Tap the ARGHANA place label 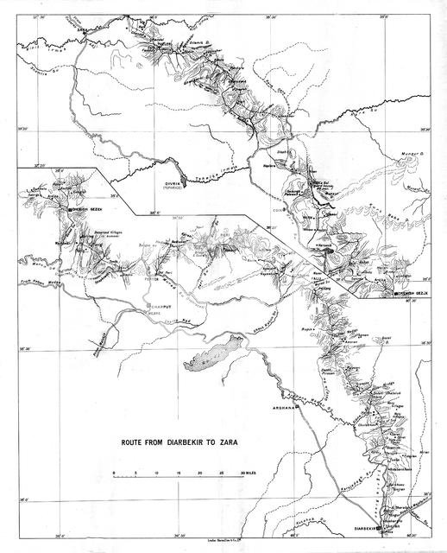(x=285, y=405)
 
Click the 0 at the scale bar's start (x=113, y=474)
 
